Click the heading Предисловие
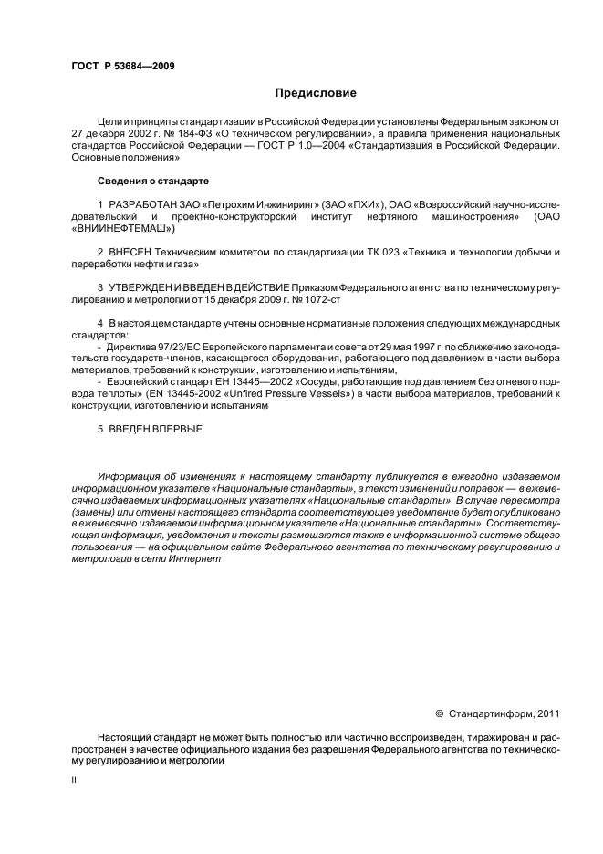(x=316, y=93)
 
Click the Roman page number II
(x=74, y=779)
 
